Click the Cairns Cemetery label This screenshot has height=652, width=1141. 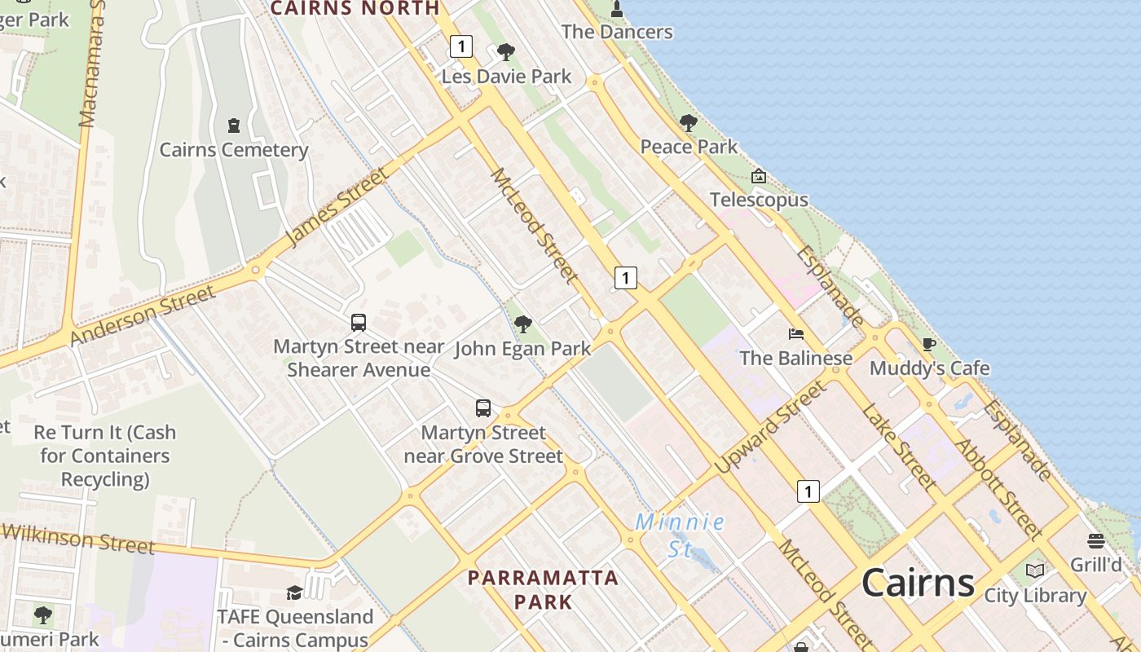[234, 150]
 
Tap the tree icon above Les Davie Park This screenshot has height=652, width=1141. [506, 52]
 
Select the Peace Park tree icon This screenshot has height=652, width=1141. [689, 123]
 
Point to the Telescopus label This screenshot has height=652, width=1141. [759, 200]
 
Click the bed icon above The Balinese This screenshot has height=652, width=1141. [796, 333]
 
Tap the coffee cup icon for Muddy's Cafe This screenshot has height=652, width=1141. [928, 344]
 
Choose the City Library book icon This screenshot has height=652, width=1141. [1035, 570]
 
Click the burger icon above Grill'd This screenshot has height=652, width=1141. [1096, 541]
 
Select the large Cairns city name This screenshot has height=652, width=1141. [918, 582]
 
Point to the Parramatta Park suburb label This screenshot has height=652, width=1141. [543, 589]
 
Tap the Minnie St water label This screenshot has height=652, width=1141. [680, 534]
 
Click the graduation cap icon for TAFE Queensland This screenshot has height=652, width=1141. [294, 593]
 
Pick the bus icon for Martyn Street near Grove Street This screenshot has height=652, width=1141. [483, 407]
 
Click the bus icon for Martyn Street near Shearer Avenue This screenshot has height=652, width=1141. [359, 322]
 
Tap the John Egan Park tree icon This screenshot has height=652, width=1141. [523, 324]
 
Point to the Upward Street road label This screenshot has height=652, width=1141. [770, 427]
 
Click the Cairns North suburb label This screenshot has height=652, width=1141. [355, 8]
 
